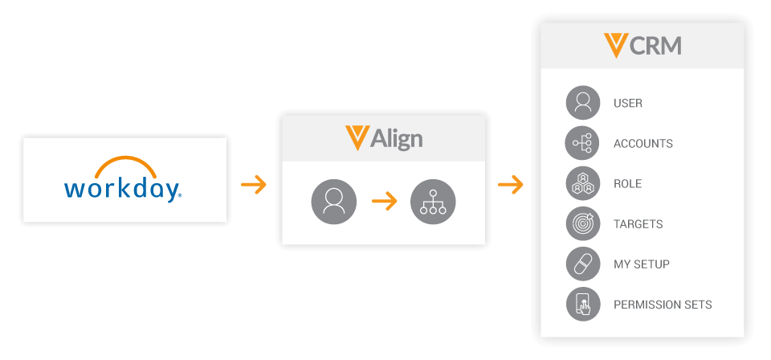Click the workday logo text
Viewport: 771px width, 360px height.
coord(122,188)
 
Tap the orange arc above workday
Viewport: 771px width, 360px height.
coord(123,164)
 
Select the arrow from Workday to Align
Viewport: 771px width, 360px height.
coord(254,186)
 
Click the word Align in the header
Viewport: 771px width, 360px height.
coord(396,138)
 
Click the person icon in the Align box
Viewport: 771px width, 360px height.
coord(333,202)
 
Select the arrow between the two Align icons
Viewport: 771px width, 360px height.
coord(385,202)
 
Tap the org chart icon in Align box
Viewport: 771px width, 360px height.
coord(433,202)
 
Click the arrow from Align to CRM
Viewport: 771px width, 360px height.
coord(511,186)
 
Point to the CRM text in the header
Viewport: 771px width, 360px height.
coord(656,45)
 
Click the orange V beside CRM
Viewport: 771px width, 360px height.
coord(616,45)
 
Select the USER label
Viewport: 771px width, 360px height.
coord(627,103)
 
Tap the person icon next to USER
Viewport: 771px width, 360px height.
coord(582,103)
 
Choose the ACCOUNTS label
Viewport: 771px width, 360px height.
coord(642,143)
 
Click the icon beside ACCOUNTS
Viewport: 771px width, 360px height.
coord(582,143)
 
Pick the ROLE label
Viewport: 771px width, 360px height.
coord(627,183)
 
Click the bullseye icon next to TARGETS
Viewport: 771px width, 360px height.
coord(582,223)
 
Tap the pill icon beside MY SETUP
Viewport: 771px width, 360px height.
coord(582,264)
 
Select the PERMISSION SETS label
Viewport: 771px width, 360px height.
coord(663,305)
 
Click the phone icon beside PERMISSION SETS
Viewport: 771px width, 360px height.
coord(582,305)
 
